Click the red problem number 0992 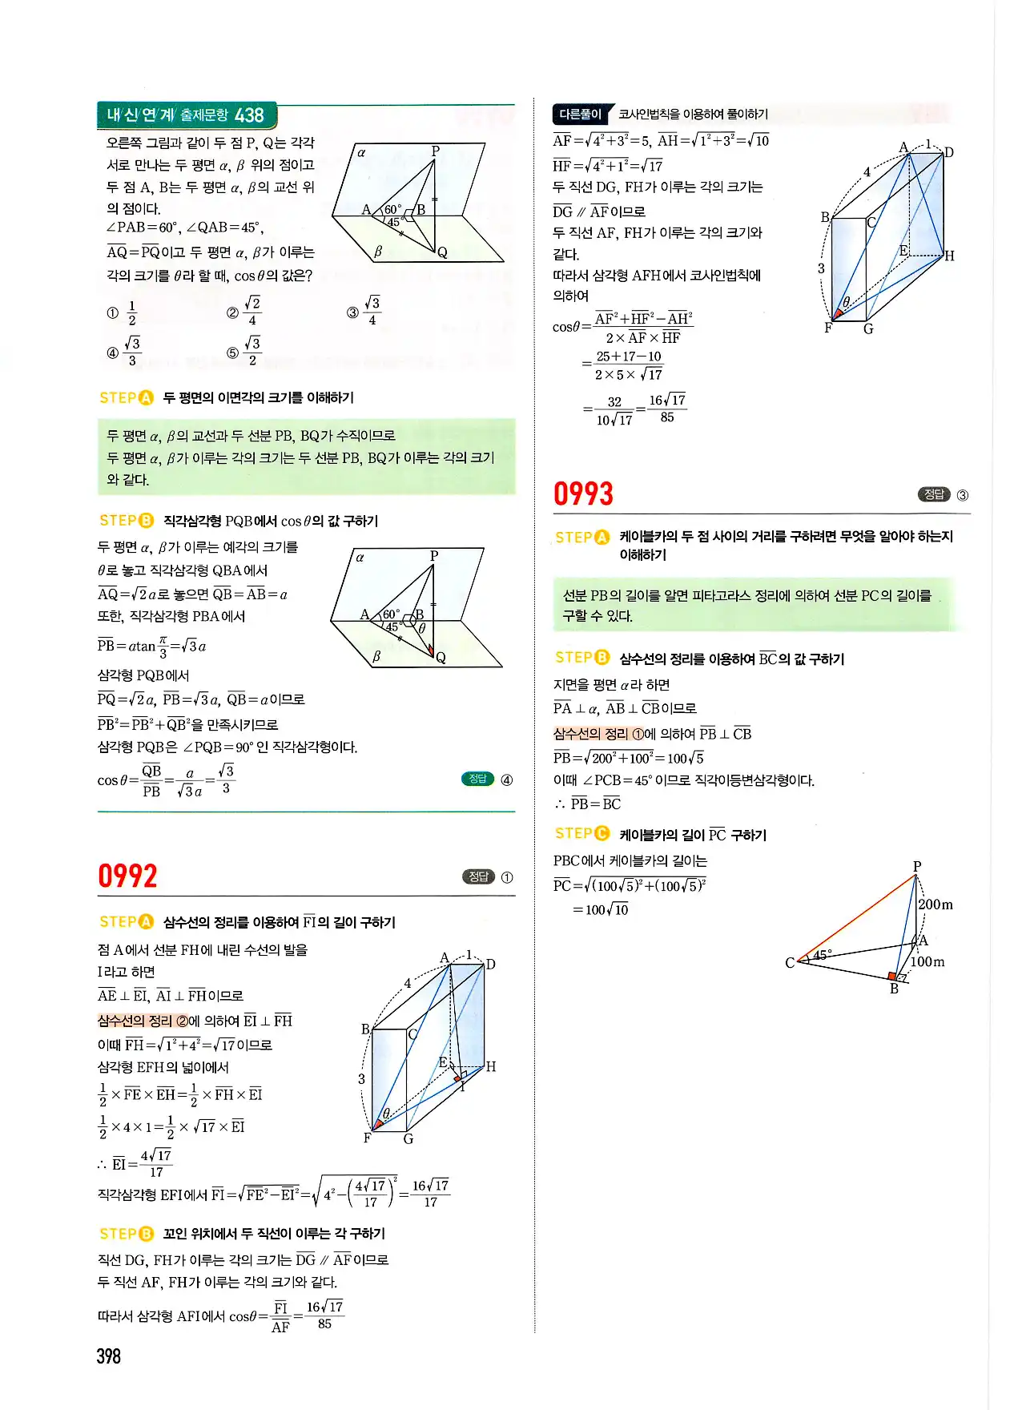point(127,876)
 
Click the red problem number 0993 point(583,493)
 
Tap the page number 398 point(108,1356)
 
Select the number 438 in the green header point(249,115)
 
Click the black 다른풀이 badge point(581,114)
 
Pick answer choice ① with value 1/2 point(123,312)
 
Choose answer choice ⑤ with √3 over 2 point(245,351)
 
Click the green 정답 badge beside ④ point(478,779)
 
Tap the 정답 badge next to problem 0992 point(479,876)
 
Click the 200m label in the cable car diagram point(935,904)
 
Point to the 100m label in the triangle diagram point(927,961)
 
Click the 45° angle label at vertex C point(823,954)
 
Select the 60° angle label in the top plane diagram point(393,209)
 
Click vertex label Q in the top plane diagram point(442,252)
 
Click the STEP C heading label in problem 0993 point(581,834)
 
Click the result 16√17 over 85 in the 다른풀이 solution point(667,409)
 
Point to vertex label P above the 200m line point(917,866)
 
